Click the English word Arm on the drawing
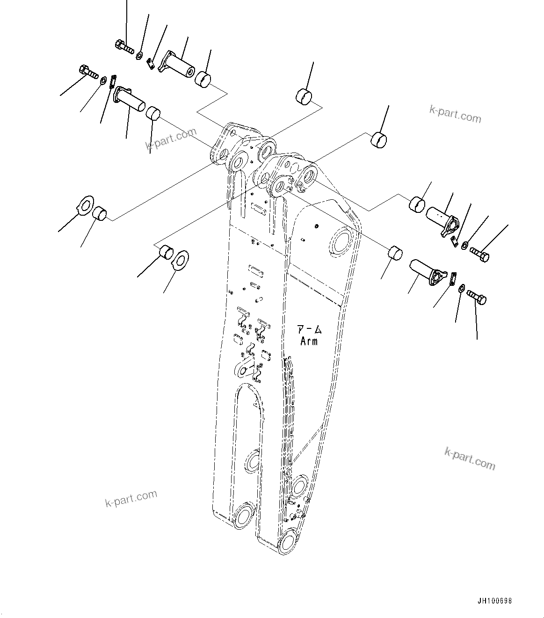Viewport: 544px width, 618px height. (309, 342)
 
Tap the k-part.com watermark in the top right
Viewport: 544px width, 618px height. (455, 113)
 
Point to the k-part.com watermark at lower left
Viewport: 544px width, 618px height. (131, 499)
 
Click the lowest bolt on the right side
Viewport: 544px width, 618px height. (477, 297)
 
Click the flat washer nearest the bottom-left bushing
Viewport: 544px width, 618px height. (181, 259)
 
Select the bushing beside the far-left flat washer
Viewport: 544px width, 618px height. (100, 213)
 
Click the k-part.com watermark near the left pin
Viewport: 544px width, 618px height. (172, 139)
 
